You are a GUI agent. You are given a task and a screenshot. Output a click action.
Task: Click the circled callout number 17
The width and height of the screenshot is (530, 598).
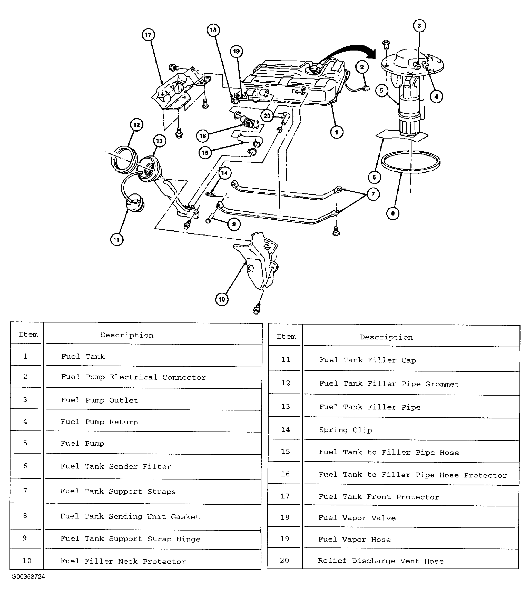[148, 35]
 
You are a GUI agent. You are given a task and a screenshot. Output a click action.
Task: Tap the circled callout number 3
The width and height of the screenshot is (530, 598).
[419, 26]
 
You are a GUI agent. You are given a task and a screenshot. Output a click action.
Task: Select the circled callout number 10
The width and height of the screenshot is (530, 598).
[222, 299]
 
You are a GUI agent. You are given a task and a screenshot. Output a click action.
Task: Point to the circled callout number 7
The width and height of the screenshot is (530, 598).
[373, 194]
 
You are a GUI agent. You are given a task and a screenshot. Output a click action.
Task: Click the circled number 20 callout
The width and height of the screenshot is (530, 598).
[267, 116]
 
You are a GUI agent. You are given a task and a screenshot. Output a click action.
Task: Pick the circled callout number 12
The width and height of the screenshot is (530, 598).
[136, 125]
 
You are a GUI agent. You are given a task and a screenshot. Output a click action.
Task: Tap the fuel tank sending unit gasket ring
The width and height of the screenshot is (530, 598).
[410, 162]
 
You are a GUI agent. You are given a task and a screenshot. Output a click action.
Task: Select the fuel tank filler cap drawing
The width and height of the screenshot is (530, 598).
[134, 202]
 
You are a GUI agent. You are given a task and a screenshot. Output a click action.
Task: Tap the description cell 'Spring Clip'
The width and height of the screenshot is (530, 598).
[346, 430]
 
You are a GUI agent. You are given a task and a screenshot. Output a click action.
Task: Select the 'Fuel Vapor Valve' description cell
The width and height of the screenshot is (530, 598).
[357, 518]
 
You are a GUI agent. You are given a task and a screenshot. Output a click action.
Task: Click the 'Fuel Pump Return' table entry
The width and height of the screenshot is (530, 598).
[100, 422]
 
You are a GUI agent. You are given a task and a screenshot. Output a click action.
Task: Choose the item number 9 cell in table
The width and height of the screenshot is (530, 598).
[25, 538]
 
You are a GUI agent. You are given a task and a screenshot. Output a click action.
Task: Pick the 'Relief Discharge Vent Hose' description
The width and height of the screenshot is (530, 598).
[380, 561]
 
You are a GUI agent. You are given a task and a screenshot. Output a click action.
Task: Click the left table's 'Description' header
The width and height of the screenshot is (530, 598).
[127, 335]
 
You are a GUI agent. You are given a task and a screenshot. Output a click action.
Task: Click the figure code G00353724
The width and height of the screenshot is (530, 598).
[28, 576]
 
